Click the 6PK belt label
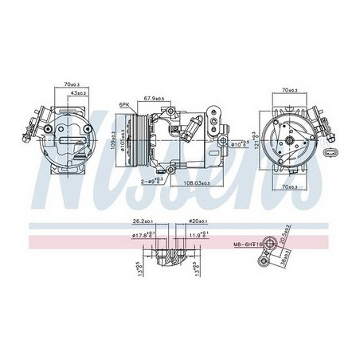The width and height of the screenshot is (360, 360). tap(124, 104)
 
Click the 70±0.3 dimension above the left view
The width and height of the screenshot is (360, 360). tap(73, 83)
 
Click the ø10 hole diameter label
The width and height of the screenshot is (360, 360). tap(237, 144)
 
